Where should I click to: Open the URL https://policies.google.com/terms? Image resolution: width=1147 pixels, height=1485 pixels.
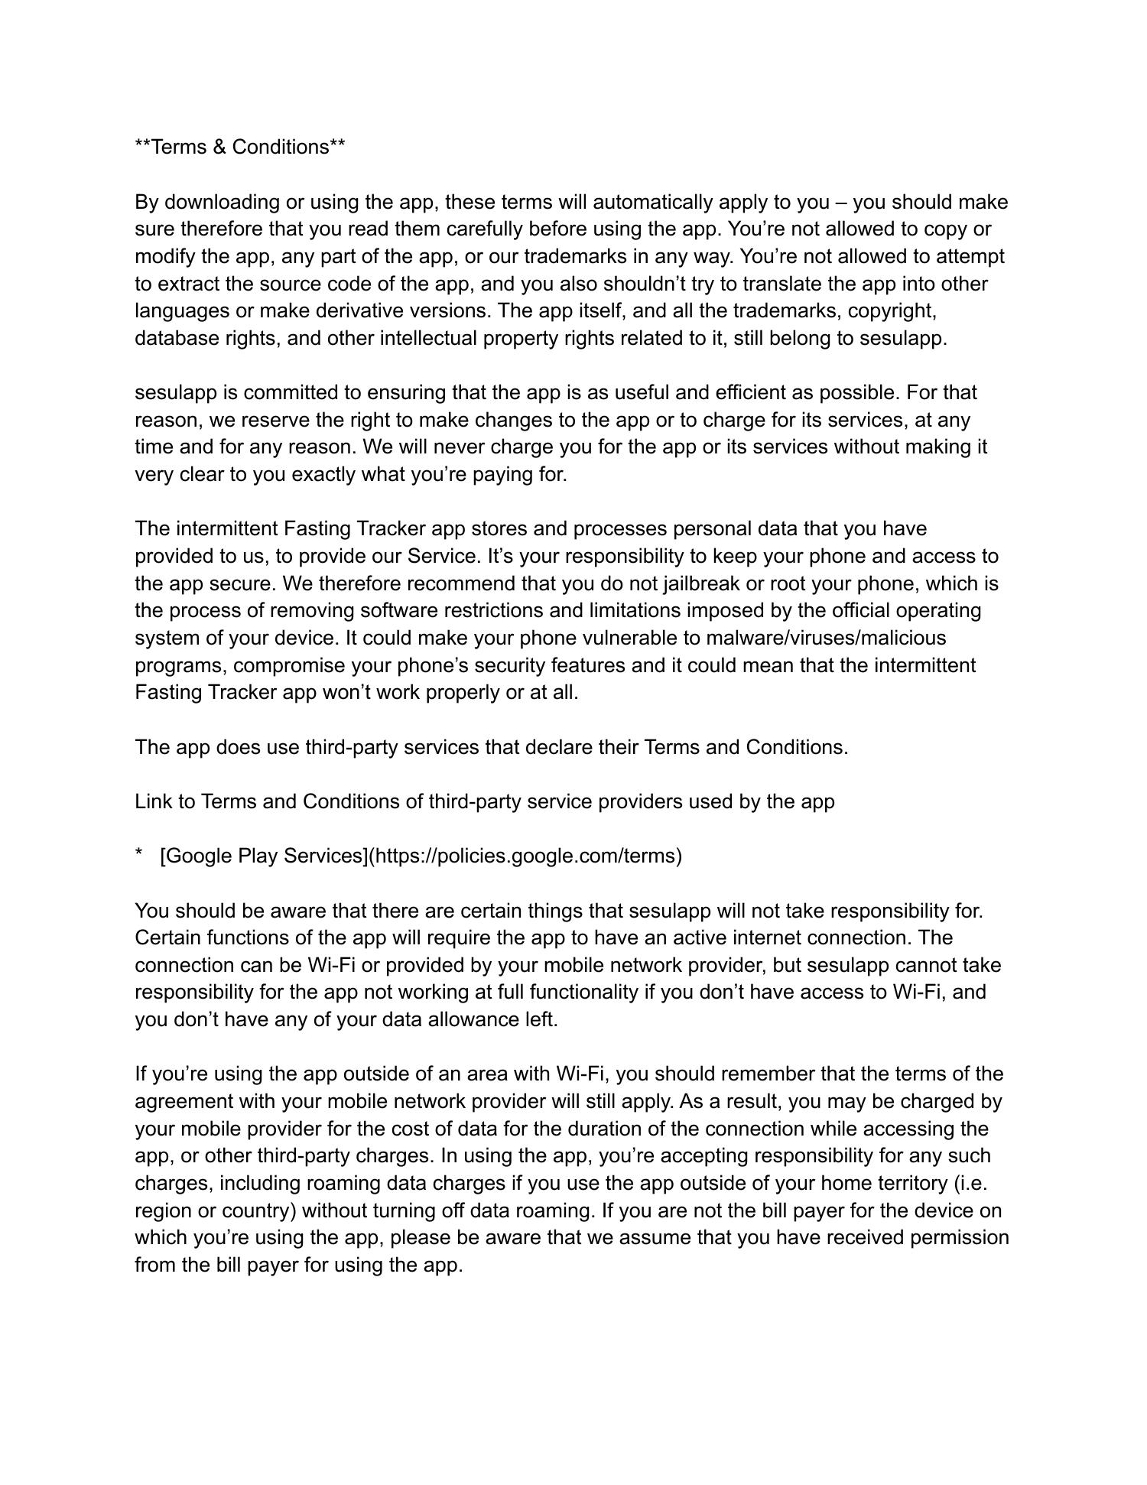pos(526,856)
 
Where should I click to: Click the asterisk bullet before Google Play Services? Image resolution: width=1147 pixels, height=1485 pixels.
pos(139,856)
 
